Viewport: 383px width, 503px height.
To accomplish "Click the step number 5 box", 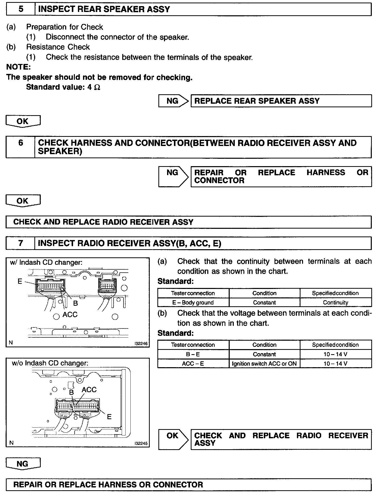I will (x=21, y=9).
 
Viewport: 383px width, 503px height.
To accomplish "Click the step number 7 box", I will (x=21, y=243).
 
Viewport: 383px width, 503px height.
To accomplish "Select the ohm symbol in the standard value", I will (x=97, y=87).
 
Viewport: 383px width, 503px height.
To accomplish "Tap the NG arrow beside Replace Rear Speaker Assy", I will (x=173, y=101).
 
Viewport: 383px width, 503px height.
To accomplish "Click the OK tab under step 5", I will (x=23, y=121).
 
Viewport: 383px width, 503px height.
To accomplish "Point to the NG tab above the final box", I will (x=23, y=464).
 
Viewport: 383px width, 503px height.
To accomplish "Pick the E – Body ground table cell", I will (x=193, y=302).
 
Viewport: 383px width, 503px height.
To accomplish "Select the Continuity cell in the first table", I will (x=335, y=302).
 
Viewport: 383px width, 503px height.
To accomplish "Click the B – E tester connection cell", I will (x=193, y=354).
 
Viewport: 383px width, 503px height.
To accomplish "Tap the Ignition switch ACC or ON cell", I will (x=264, y=364).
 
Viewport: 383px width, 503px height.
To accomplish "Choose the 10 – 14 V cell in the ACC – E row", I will (x=335, y=364).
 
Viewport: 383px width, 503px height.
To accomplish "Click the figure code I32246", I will (x=141, y=343).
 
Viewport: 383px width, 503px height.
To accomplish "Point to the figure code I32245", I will (x=141, y=443).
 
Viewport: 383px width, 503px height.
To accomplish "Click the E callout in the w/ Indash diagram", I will (x=20, y=281).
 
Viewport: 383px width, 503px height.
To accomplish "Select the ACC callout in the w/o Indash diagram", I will (x=89, y=390).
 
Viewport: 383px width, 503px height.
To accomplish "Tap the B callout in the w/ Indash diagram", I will (x=75, y=303).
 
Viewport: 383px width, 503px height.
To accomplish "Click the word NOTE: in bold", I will (x=18, y=67).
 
